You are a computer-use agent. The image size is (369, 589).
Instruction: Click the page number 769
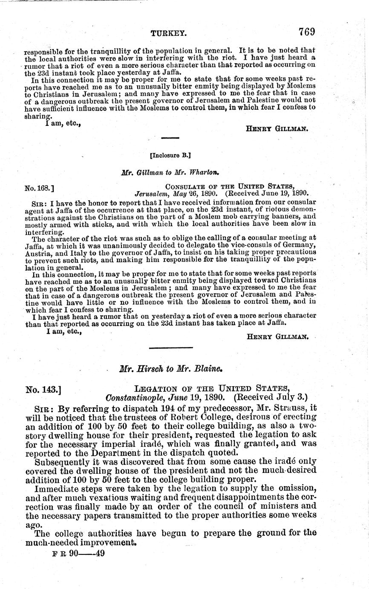[306, 32]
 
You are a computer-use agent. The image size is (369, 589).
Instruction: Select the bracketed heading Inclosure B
[170, 156]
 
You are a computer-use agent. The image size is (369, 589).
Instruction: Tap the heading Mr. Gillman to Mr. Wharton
[170, 173]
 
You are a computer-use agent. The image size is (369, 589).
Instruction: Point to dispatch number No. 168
[39, 187]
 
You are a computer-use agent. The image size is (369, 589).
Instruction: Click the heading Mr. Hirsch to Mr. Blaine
[171, 368]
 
